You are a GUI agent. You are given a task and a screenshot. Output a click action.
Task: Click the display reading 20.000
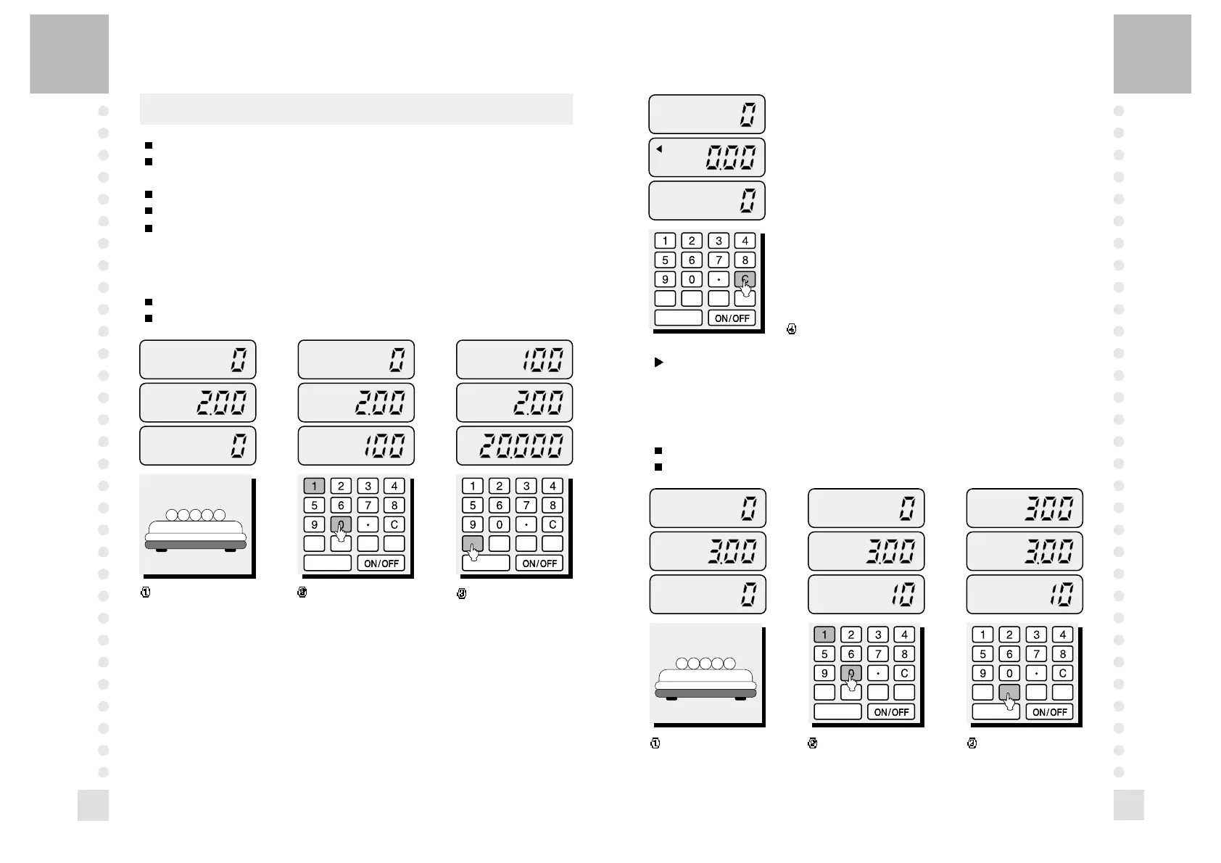coord(514,445)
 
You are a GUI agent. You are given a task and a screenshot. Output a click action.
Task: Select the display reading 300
coord(1025,508)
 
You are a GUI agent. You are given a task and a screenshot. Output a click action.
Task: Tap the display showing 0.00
coord(707,157)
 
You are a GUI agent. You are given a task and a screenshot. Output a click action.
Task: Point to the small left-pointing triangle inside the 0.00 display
coord(659,149)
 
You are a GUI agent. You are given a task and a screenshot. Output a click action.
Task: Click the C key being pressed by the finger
coord(745,279)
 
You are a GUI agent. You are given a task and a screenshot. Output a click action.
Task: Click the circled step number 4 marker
coord(792,329)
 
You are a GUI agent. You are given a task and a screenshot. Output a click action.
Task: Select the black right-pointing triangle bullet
coord(659,362)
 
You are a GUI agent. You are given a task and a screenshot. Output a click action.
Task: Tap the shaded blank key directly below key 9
coord(473,544)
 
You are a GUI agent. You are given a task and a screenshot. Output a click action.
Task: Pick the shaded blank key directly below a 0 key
coord(1009,693)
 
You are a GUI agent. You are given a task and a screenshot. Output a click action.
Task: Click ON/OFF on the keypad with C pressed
coord(732,318)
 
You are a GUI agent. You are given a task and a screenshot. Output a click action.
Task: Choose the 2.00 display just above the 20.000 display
coord(514,402)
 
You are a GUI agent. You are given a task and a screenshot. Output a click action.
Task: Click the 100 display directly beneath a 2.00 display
coord(356,445)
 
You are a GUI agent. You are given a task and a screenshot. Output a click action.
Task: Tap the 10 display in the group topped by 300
coord(1025,594)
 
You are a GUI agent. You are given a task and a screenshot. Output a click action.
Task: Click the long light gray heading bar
coord(356,109)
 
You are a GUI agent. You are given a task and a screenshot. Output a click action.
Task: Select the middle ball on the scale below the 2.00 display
coord(196,515)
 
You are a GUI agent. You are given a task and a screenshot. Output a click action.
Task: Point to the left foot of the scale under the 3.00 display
coord(671,698)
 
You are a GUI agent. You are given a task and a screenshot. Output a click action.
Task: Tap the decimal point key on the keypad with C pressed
coord(718,279)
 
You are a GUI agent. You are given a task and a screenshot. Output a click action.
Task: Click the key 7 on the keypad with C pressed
coord(718,260)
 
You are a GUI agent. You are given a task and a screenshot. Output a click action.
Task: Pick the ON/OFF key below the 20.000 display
coord(540,563)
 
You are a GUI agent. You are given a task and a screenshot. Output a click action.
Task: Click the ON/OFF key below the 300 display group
coord(1049,711)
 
